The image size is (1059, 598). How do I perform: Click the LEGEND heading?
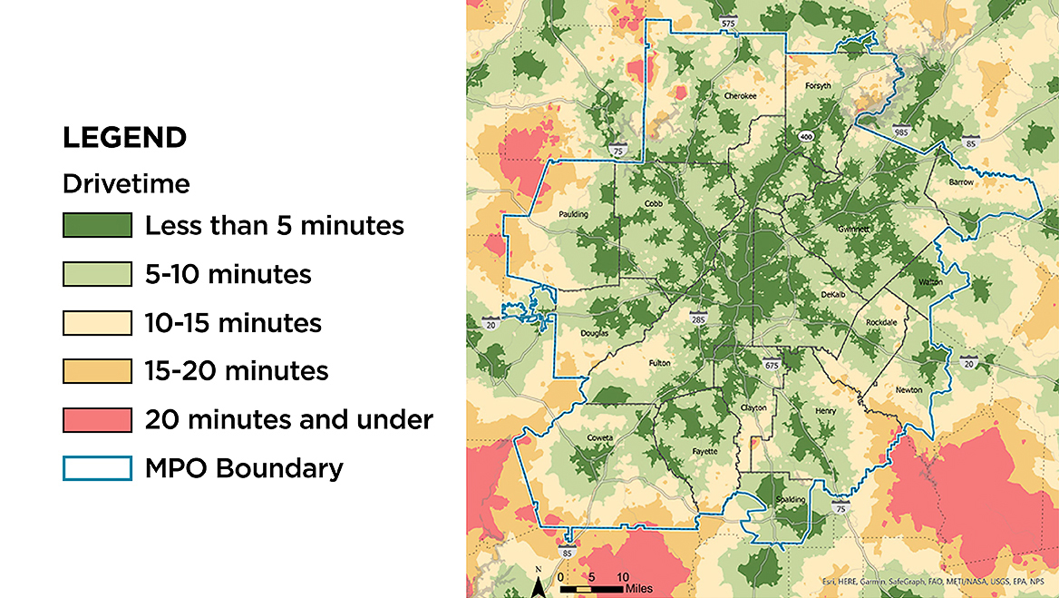[x=124, y=138]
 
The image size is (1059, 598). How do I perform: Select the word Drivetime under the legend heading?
[x=126, y=184]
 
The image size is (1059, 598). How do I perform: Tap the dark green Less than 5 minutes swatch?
[x=97, y=225]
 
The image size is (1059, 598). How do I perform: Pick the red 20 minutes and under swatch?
[x=97, y=420]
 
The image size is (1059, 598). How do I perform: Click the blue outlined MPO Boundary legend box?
[x=97, y=468]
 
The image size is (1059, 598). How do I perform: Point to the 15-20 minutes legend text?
[x=237, y=371]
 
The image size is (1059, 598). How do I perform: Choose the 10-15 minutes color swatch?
[x=97, y=323]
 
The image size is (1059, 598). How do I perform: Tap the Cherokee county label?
[x=740, y=95]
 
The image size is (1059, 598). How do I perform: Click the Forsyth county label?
[x=818, y=86]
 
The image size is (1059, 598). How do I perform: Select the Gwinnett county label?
[x=854, y=229]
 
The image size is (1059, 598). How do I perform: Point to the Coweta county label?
[x=599, y=437]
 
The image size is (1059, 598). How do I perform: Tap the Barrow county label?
[x=961, y=182]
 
